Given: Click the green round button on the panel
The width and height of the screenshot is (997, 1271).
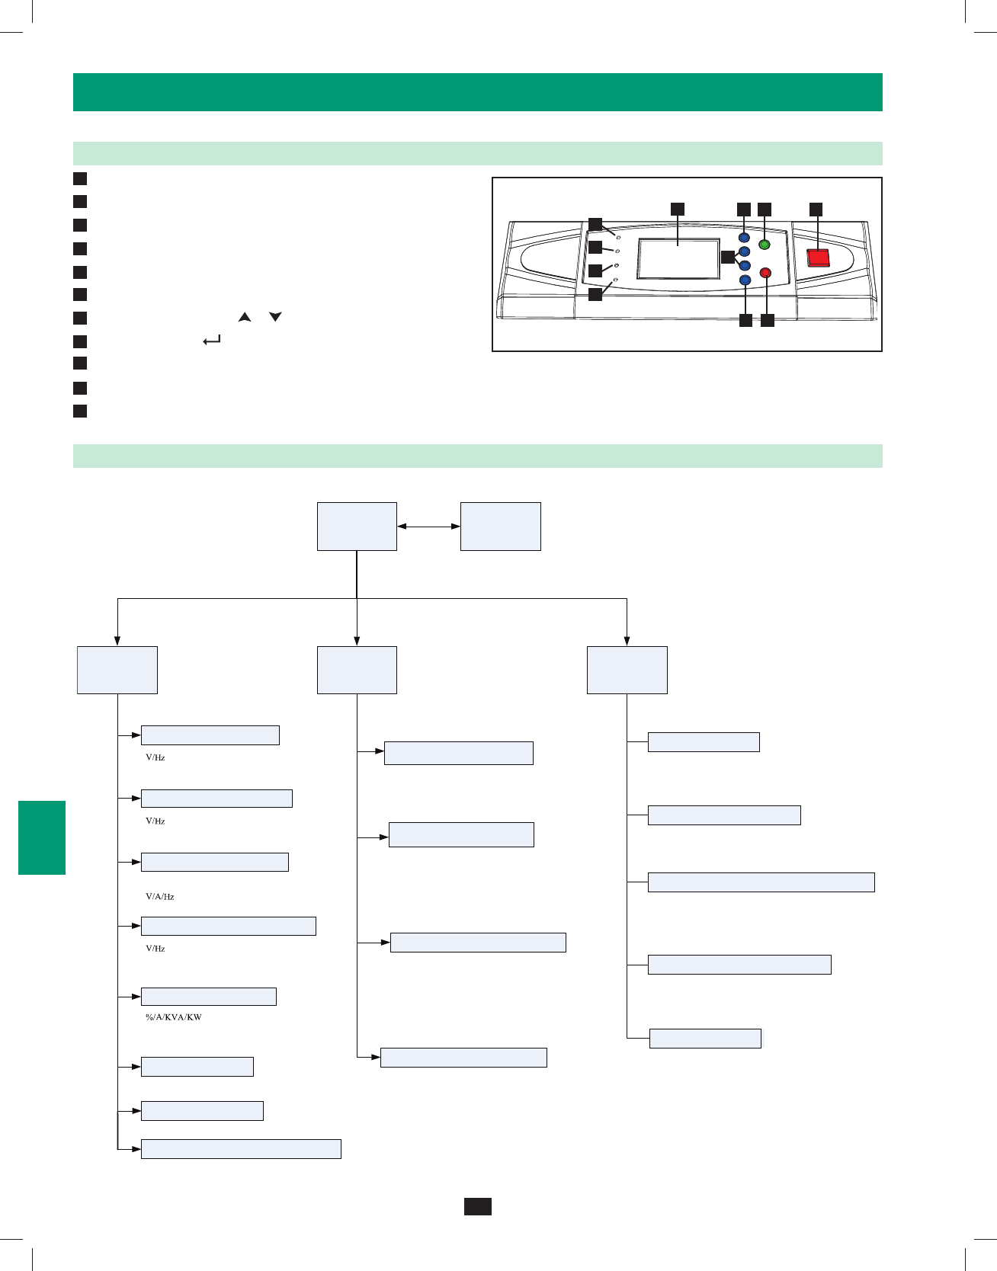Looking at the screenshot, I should tap(765, 245).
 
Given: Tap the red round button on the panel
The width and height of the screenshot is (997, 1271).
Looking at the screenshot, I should tap(766, 273).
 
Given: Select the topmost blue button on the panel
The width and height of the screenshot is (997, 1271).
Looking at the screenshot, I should tap(745, 238).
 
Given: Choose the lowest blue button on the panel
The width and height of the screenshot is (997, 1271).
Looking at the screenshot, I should tap(745, 280).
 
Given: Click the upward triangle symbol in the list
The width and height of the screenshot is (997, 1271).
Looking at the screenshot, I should tap(244, 316).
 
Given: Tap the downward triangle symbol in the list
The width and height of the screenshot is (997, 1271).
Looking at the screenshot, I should tap(275, 316).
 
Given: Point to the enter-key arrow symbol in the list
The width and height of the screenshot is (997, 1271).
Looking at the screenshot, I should tap(212, 341).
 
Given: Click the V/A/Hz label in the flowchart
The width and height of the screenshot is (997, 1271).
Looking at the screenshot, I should tap(160, 897).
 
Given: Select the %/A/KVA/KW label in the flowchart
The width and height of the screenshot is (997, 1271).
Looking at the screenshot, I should tap(174, 1017).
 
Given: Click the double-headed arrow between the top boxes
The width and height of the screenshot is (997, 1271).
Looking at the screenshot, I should tap(428, 526).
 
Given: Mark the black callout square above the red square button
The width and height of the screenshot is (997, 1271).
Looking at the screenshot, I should tap(816, 209).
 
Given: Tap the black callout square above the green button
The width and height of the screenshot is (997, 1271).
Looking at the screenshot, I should tap(765, 209).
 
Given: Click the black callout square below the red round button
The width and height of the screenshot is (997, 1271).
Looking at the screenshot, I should tap(768, 321).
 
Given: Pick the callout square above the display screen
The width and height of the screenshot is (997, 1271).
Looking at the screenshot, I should tap(677, 209).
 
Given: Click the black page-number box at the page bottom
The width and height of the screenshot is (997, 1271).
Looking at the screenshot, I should tap(478, 1206).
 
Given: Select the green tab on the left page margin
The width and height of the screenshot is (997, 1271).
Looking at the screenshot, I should tap(42, 837).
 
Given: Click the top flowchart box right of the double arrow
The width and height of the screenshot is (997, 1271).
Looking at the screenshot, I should tap(501, 526).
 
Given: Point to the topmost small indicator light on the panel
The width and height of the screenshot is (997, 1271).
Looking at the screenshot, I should tap(618, 238).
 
